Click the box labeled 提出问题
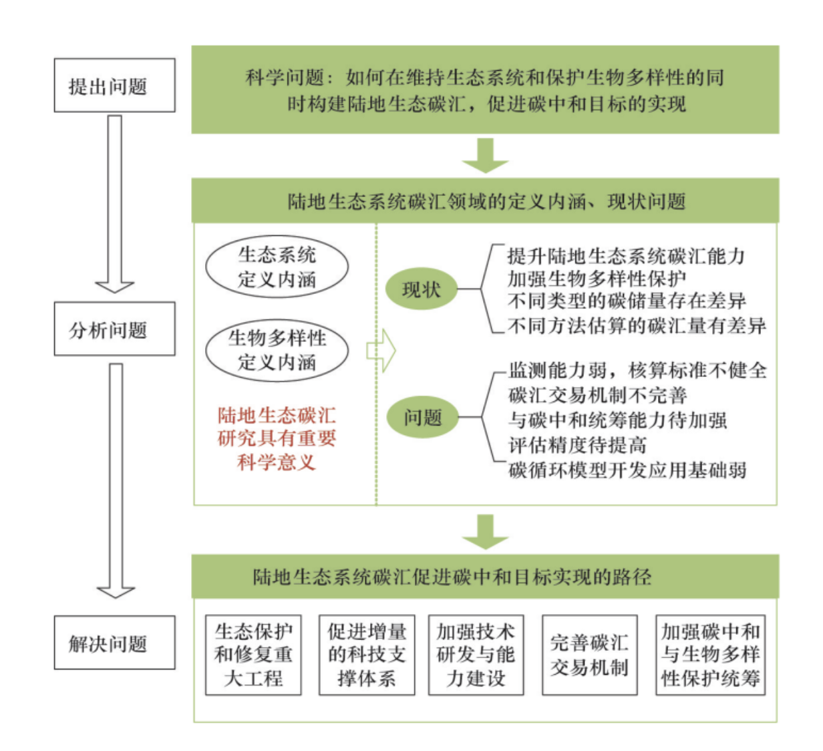114,86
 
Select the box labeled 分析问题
114,329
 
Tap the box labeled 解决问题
114,643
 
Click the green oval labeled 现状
421,289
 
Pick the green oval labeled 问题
422,418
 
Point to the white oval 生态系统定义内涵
277,267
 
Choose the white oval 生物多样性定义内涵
277,350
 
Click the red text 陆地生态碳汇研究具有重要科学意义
277,438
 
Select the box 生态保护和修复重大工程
253,655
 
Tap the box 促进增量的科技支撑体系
367,655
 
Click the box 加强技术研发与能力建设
476,655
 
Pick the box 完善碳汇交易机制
589,655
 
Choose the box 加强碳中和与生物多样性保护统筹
710,655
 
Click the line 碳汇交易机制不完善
597,396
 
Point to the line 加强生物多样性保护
597,279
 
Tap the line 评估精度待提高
577,445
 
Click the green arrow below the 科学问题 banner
485,155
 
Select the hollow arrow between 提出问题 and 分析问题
115,204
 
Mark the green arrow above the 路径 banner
485,531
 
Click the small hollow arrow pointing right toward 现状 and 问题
381,350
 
